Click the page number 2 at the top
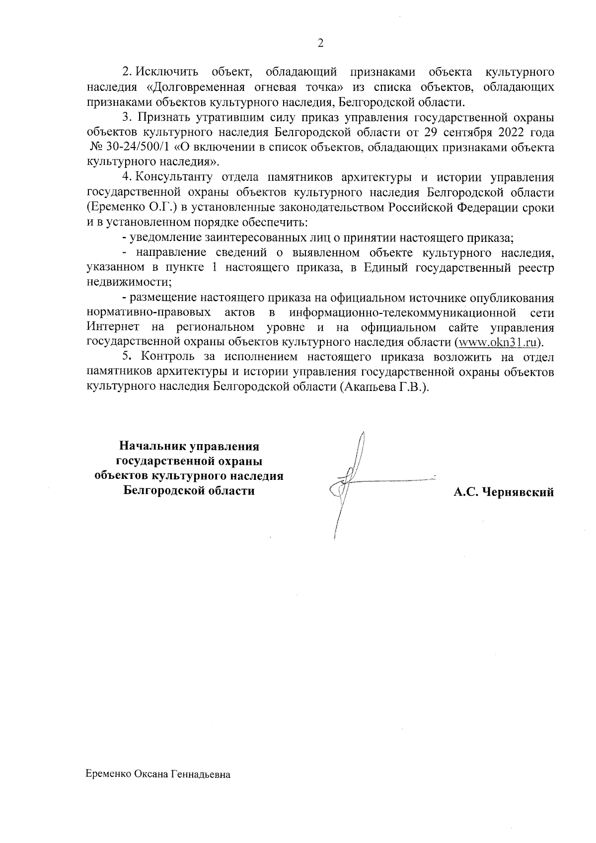(x=320, y=43)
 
